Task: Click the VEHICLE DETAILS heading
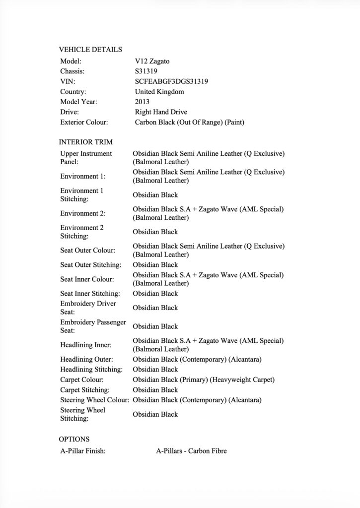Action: coord(90,49)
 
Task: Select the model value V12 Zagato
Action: coord(155,61)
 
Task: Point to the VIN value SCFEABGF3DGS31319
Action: coord(171,81)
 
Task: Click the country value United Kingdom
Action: coord(159,92)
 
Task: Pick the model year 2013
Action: coord(143,102)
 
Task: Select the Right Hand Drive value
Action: coord(161,112)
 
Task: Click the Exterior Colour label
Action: coord(84,122)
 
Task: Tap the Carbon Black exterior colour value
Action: coord(190,122)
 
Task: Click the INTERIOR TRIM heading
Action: coord(85,142)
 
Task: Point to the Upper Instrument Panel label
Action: coord(86,158)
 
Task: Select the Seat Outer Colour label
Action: coord(87,251)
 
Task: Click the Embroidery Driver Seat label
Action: coord(88,308)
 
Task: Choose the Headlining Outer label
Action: coord(86,359)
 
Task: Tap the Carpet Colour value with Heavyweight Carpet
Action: coord(204,380)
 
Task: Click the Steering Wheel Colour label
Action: coord(95,400)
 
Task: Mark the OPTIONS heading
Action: coord(74,439)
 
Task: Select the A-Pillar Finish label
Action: coord(82,451)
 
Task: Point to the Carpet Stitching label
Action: coord(85,390)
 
